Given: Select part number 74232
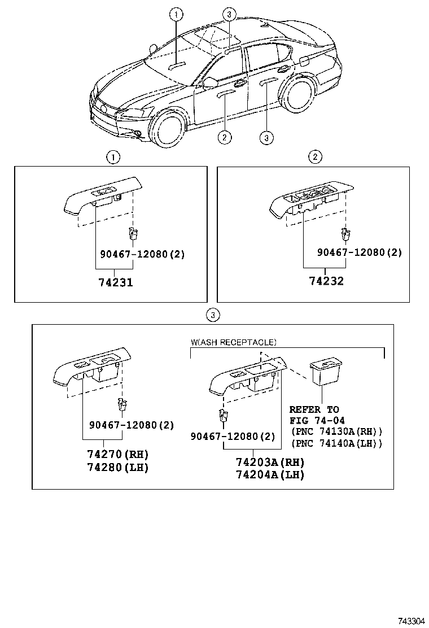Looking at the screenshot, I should click(326, 281).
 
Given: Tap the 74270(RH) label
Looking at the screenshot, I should click(117, 454).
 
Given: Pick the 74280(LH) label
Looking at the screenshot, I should click(117, 468).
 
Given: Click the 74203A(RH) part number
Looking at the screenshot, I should click(270, 461).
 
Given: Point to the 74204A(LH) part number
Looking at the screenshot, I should click(270, 475).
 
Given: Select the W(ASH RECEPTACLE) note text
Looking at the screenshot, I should click(233, 342).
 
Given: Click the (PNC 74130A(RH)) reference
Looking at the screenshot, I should click(336, 431).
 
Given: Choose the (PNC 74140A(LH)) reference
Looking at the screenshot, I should click(336, 443).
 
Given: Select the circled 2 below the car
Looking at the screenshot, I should click(224, 136).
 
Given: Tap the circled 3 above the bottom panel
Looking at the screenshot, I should click(212, 315).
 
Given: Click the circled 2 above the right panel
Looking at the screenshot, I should click(315, 157).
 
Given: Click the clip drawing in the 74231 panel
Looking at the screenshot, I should click(133, 233).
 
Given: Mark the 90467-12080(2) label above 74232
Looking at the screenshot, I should click(359, 252).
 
